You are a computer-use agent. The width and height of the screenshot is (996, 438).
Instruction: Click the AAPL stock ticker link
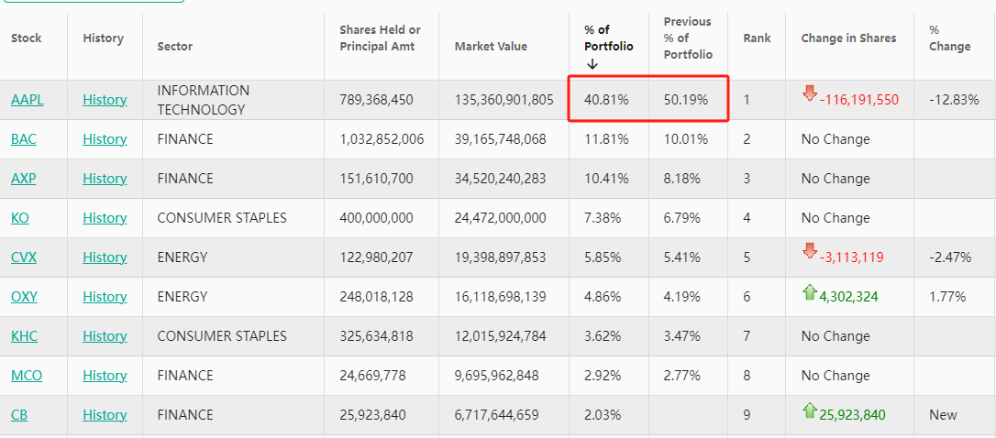click(x=27, y=100)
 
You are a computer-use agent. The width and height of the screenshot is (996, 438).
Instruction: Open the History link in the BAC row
click(x=105, y=139)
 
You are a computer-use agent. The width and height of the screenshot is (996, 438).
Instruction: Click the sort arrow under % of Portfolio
click(x=592, y=64)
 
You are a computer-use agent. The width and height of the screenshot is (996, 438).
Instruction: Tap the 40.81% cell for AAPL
click(x=606, y=100)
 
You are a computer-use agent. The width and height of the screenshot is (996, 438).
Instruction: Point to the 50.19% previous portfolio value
click(x=686, y=100)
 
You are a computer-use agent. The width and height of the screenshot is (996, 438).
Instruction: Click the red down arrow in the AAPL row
click(x=809, y=93)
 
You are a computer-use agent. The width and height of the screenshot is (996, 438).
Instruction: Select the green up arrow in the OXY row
click(x=809, y=291)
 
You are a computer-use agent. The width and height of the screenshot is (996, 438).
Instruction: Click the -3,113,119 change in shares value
click(x=852, y=257)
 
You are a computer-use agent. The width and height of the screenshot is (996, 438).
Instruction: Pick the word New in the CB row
click(x=943, y=415)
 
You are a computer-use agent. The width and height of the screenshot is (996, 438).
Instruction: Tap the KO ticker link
click(x=20, y=218)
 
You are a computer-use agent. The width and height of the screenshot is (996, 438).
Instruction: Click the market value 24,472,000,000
click(x=500, y=218)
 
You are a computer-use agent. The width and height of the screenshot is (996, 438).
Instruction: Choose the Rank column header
click(x=757, y=38)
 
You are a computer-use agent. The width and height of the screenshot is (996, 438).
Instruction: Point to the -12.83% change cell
click(x=954, y=100)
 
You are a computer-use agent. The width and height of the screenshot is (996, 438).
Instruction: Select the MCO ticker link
click(x=27, y=376)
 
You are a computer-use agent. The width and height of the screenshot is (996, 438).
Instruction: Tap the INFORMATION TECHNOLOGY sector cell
click(x=203, y=100)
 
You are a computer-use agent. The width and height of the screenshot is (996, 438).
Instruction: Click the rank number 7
click(x=747, y=336)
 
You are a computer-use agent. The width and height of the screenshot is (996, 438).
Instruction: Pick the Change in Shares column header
click(x=848, y=38)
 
